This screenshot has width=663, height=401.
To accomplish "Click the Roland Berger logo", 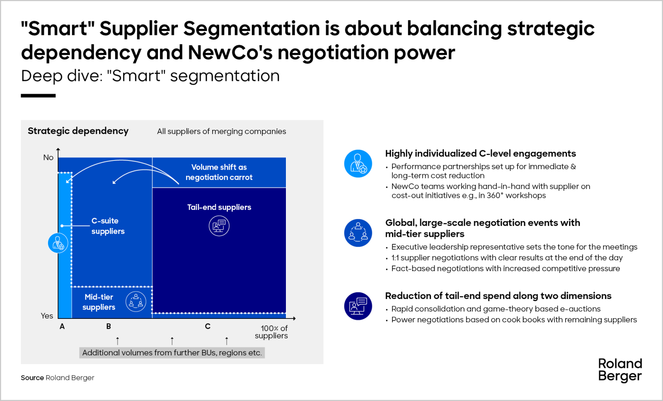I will (x=620, y=370).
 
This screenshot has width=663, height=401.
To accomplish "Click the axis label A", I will (x=62, y=326).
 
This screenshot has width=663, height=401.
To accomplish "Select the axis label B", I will (x=109, y=326).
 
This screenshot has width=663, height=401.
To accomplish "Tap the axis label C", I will (x=208, y=326).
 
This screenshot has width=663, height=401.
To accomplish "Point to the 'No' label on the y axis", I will (x=48, y=158).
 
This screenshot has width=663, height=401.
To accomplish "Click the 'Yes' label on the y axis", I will (x=47, y=316).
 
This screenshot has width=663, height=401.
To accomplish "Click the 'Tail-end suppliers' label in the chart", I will (x=219, y=207).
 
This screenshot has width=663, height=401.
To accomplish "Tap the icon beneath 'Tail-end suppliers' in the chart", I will (x=219, y=226).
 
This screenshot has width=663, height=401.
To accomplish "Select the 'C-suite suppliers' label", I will (x=108, y=226).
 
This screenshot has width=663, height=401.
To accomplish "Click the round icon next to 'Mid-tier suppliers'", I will (x=136, y=301).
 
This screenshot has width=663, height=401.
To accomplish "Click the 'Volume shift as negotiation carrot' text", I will (x=219, y=172).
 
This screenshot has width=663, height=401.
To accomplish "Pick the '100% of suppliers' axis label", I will (x=272, y=332).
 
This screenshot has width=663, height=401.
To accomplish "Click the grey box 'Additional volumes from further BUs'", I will (x=172, y=353).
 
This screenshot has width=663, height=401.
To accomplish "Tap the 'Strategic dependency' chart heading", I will (x=78, y=131).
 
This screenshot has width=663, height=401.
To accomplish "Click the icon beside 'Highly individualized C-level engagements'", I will (x=358, y=163).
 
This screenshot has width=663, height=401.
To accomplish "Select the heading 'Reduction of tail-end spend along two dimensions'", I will (x=498, y=296).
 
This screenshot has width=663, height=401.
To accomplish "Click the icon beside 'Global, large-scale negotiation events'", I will (x=358, y=233).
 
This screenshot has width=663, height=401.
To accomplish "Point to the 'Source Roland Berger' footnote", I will (x=58, y=378).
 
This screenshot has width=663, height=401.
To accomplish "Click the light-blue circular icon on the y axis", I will (x=58, y=243).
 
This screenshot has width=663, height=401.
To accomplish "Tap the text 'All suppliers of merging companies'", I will (x=221, y=131).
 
